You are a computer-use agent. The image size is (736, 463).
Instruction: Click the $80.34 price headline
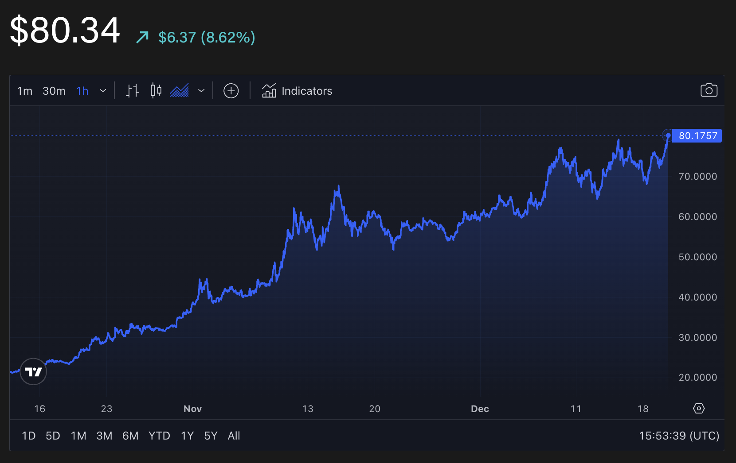[65, 31]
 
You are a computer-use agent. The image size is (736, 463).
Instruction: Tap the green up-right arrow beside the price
[142, 37]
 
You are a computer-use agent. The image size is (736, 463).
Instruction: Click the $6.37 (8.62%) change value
[207, 38]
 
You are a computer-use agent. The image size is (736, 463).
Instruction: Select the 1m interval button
[25, 91]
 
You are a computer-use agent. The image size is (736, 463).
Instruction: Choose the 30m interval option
[54, 91]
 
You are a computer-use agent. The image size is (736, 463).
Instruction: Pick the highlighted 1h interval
[82, 91]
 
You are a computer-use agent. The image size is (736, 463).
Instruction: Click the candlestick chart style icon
[156, 91]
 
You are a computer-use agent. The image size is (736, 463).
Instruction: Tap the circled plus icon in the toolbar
[231, 91]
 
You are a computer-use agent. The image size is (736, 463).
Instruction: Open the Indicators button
[297, 91]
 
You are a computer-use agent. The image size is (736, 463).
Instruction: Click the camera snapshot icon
[709, 90]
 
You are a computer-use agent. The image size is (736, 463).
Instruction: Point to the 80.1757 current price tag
[697, 136]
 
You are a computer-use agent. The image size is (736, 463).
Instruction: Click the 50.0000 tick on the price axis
[697, 257]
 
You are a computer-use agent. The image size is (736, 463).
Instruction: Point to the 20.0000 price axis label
[697, 378]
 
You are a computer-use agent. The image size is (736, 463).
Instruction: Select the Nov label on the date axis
[192, 409]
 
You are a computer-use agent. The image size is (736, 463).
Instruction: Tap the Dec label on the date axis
[480, 409]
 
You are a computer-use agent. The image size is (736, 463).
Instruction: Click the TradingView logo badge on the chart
[33, 372]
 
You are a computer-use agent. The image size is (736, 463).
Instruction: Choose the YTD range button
[159, 436]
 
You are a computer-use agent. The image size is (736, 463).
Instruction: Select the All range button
[234, 436]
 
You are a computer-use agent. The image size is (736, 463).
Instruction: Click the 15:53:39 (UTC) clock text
[679, 436]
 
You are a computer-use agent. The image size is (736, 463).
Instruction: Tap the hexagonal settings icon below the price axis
[699, 409]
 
